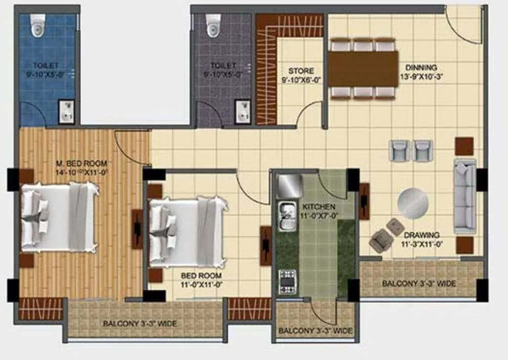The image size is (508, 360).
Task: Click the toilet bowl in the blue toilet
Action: pyautogui.click(x=37, y=26)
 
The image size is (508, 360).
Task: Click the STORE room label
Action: pyautogui.click(x=301, y=71)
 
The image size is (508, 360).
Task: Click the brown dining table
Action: pyautogui.click(x=363, y=69)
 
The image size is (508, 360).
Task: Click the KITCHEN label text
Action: pyautogui.click(x=319, y=207)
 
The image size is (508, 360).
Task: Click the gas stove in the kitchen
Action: pyautogui.click(x=287, y=281)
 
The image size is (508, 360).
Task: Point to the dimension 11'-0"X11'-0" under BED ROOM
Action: pyautogui.click(x=202, y=284)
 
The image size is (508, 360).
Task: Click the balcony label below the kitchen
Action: pyautogui.click(x=315, y=331)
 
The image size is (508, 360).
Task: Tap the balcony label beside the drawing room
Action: pyautogui.click(x=419, y=284)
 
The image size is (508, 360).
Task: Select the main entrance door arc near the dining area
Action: pyautogui.click(x=461, y=25)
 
